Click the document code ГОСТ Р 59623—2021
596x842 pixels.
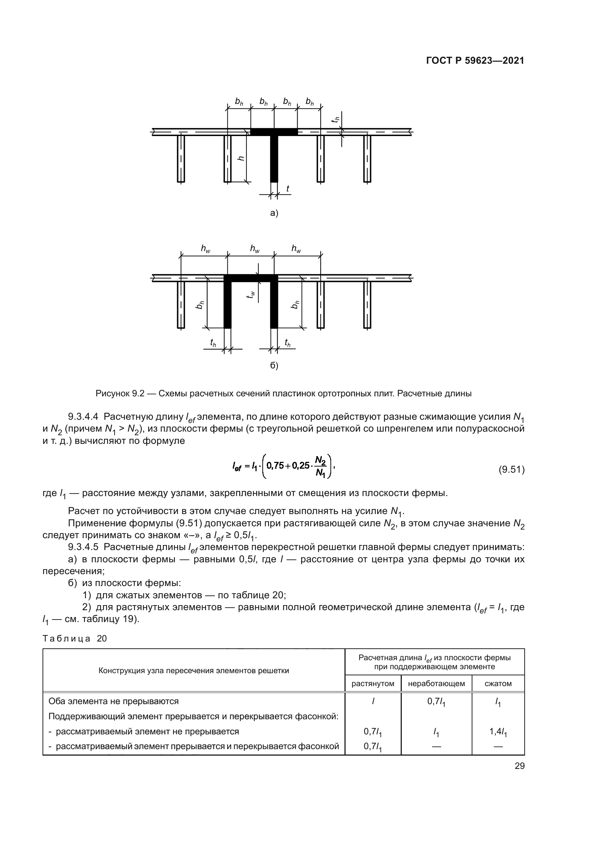click(x=475, y=61)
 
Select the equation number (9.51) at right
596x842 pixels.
click(x=511, y=469)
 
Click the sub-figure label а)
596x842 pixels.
click(x=274, y=213)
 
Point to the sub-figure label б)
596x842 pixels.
click(x=274, y=366)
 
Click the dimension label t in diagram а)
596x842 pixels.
click(x=287, y=189)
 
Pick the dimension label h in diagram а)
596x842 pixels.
click(x=241, y=158)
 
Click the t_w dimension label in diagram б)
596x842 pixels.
click(x=251, y=294)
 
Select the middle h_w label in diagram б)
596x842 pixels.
click(x=255, y=249)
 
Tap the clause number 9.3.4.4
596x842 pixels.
click(x=83, y=417)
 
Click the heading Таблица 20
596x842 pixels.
click(x=75, y=639)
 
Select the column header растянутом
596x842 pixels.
click(x=373, y=684)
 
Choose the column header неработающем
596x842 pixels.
click(x=436, y=684)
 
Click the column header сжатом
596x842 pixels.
click(x=498, y=684)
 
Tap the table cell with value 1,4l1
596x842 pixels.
click(x=498, y=732)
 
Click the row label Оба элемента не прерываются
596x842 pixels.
click(x=114, y=701)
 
